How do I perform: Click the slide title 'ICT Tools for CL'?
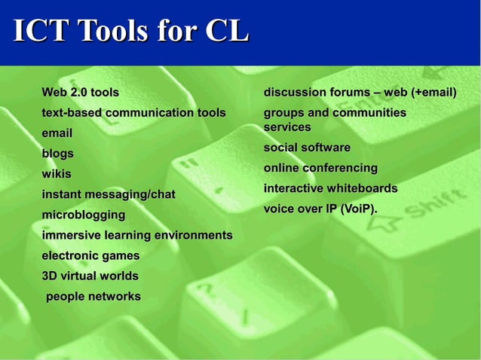(130, 31)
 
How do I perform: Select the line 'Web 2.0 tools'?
(80, 93)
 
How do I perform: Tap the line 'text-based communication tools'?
(133, 113)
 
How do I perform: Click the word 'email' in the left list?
(57, 133)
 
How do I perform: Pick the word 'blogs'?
(58, 154)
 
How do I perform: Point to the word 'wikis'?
(57, 174)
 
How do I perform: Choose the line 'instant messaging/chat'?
(109, 194)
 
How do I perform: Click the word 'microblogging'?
(80, 215)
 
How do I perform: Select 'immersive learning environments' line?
(137, 236)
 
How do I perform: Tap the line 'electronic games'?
(90, 256)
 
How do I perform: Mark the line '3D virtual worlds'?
(90, 276)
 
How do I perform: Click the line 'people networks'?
(93, 297)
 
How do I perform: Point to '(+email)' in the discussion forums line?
(434, 93)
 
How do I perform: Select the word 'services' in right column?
(287, 127)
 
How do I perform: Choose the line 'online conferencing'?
(320, 168)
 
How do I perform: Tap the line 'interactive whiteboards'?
(330, 188)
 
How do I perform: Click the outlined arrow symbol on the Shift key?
(384, 223)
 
